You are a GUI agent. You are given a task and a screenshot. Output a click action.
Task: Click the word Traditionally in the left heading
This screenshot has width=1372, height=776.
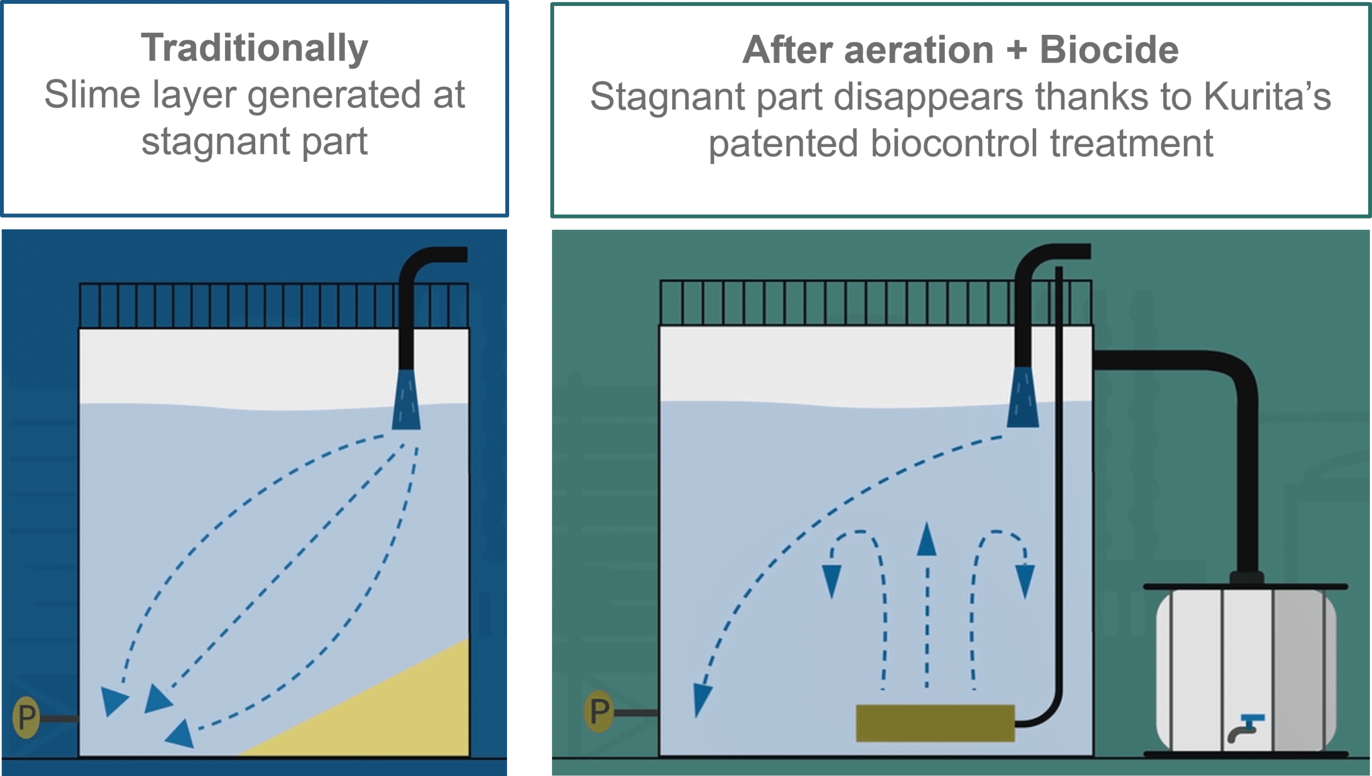(x=254, y=48)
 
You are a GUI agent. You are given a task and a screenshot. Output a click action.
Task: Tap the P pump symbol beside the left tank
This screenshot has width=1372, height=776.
(x=26, y=717)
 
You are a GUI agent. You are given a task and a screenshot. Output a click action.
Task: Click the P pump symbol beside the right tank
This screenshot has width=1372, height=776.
(x=599, y=712)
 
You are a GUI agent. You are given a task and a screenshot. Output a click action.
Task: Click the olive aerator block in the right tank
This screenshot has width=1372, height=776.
(x=935, y=723)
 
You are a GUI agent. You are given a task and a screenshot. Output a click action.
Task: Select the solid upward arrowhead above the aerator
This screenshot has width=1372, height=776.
(x=926, y=540)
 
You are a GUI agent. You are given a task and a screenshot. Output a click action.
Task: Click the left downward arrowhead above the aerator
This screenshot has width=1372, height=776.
(x=832, y=581)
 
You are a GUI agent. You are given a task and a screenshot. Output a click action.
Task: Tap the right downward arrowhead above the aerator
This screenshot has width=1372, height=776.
(x=1025, y=581)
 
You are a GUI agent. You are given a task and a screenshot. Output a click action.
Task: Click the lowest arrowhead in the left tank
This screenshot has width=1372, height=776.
(x=181, y=733)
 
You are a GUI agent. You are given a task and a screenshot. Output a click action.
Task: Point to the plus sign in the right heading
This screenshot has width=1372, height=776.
(x=1017, y=50)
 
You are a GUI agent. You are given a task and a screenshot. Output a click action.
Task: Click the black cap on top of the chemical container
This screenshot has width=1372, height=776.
(x=1246, y=578)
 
